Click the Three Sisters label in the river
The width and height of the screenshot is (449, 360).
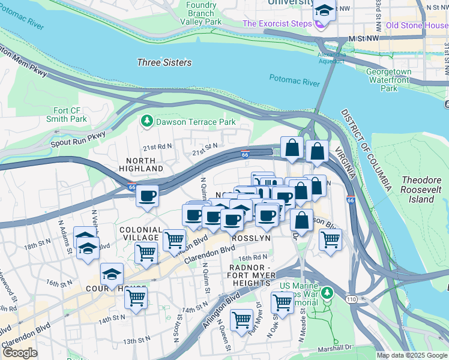pos(164,62)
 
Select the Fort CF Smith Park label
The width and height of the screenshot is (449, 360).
pos(70,115)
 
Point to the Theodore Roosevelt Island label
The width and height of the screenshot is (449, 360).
pos(421,189)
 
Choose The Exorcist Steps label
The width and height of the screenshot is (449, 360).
pos(277,24)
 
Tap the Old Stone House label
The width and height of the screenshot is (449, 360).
pos(417,25)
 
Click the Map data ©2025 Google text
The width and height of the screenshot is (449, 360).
pos(412,355)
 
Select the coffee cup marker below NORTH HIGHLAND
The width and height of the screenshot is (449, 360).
pos(148,196)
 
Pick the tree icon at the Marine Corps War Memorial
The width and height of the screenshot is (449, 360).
pos(327,293)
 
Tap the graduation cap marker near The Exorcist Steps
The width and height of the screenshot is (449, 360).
pos(324,11)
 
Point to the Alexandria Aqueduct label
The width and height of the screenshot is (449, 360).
pos(331,57)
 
